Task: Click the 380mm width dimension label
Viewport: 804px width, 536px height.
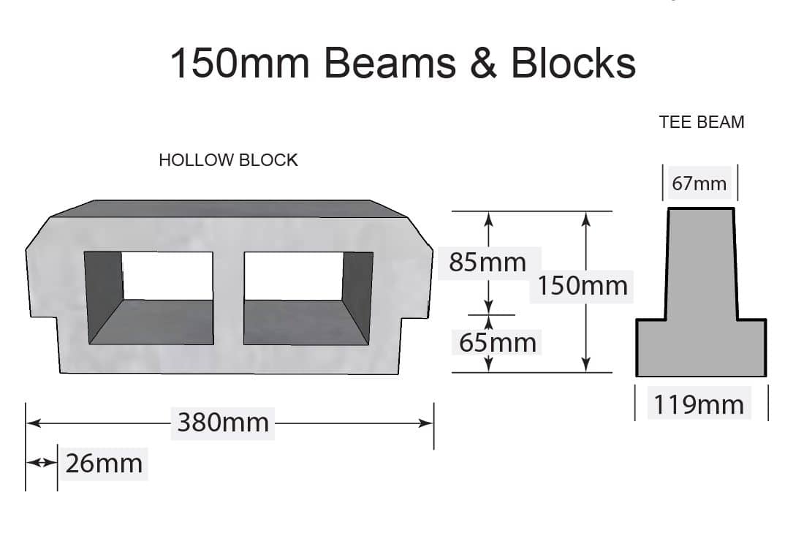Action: click(x=223, y=423)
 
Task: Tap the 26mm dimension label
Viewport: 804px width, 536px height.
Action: click(x=104, y=463)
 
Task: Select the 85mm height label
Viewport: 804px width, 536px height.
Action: click(x=488, y=262)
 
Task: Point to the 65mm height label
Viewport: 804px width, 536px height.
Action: click(x=498, y=341)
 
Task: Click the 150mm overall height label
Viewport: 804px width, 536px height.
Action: click(x=583, y=285)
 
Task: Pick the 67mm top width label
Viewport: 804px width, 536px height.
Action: click(x=699, y=184)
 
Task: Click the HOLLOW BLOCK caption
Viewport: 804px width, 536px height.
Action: click(x=228, y=160)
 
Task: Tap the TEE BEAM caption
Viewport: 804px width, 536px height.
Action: click(x=702, y=122)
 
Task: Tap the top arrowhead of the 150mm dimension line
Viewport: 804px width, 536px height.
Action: click(x=585, y=218)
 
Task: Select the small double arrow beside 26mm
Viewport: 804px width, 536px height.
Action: click(x=41, y=463)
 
